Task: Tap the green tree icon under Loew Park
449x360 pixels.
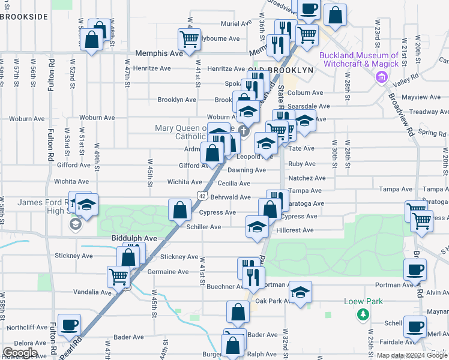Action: (363, 314)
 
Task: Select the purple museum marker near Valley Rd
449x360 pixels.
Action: (381, 77)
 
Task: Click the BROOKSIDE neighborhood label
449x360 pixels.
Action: (24, 16)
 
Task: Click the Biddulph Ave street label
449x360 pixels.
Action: (134, 238)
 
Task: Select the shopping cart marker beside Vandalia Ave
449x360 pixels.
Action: (119, 277)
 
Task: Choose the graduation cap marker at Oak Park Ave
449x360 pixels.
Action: (300, 292)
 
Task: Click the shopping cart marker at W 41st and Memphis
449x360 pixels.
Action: (189, 39)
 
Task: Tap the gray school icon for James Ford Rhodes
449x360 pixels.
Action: (75, 225)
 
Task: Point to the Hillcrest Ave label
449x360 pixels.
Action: (295, 230)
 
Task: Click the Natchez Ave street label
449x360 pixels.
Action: (307, 178)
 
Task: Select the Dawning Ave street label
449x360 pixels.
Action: (247, 170)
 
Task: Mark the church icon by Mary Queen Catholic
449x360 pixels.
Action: (243, 131)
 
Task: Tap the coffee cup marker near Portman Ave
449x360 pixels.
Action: (415, 270)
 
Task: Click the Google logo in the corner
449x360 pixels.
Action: (20, 353)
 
